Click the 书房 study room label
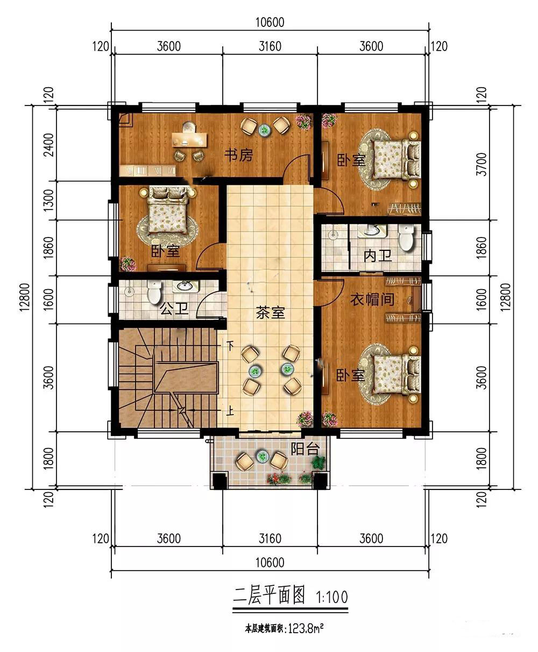point(239,155)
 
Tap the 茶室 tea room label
point(270,313)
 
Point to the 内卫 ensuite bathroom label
point(378,256)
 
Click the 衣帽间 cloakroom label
point(372,299)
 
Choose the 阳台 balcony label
point(305,449)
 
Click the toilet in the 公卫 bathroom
point(154,292)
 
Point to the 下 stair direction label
point(230,346)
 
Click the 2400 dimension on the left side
point(48,145)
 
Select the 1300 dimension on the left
point(48,200)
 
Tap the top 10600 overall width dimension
point(270,22)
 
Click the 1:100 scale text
point(332,597)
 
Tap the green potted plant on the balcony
point(318,461)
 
